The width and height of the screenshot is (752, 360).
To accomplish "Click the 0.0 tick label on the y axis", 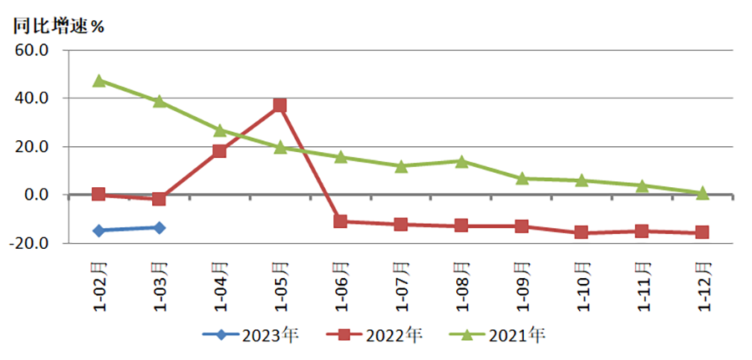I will click(38, 195).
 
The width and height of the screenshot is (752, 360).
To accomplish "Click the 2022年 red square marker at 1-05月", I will click(280, 105).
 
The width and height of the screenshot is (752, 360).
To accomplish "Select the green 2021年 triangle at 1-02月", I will click(99, 80).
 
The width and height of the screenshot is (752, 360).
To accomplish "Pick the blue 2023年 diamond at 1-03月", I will click(160, 227).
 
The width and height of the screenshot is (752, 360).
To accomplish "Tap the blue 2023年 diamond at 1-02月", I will click(99, 230).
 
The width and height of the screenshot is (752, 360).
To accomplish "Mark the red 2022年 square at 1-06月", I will click(340, 221).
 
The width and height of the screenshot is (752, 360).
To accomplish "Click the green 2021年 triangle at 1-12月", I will click(702, 193).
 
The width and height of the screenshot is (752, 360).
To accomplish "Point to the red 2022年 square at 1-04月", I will click(220, 151).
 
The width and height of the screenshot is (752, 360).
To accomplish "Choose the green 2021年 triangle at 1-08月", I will click(461, 161).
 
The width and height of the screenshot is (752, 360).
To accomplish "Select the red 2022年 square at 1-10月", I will click(582, 233).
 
